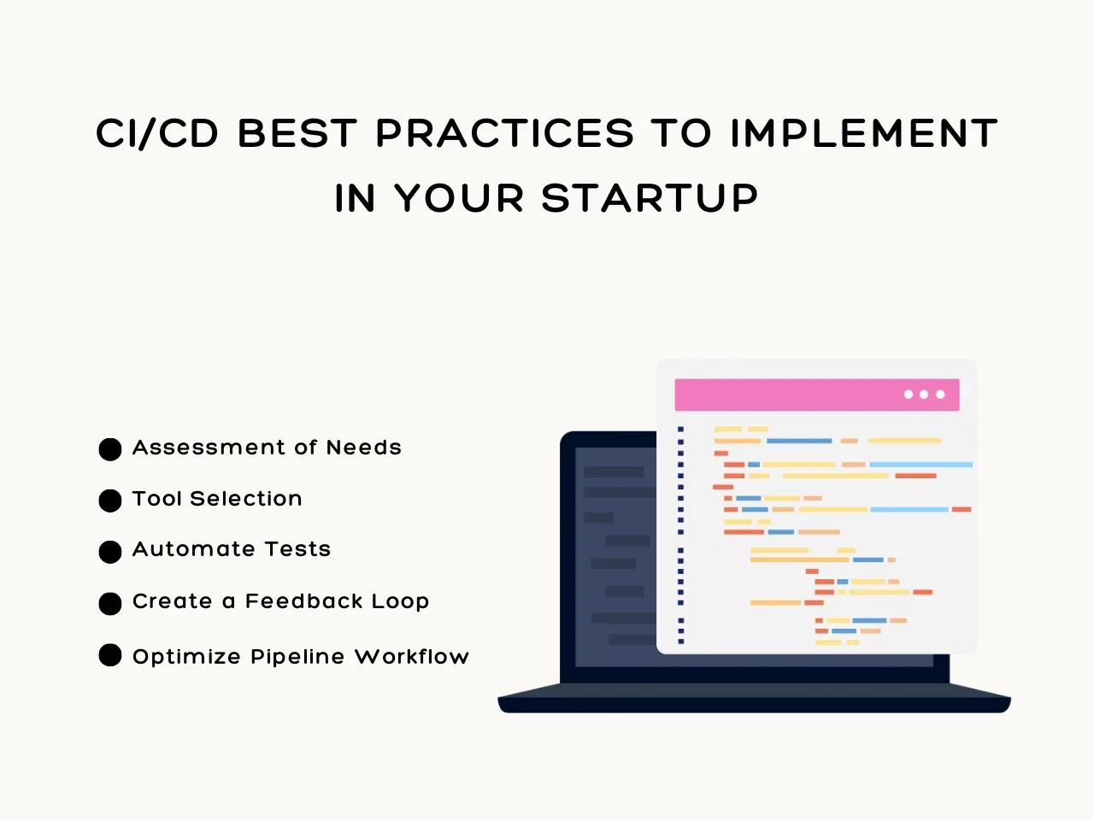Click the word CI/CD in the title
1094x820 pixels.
(x=157, y=133)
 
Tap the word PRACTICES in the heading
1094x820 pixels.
(x=505, y=133)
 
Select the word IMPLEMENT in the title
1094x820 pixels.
(x=864, y=133)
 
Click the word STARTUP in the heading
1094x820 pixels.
(x=650, y=197)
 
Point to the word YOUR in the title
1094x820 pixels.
(x=459, y=197)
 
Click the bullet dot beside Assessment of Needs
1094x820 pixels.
(x=110, y=449)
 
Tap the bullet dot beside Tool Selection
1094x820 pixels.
(x=110, y=501)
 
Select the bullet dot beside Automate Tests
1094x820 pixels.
(x=110, y=552)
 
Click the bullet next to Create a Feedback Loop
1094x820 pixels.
(x=110, y=604)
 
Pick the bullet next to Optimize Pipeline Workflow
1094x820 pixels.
(x=110, y=655)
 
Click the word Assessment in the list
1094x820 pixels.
(x=209, y=447)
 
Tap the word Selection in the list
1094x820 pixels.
(x=245, y=498)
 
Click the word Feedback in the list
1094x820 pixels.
(x=304, y=601)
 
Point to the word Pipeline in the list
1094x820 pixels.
(x=297, y=657)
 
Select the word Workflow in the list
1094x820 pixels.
(x=412, y=656)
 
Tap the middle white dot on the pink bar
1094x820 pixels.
(x=924, y=395)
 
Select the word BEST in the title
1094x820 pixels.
(x=297, y=133)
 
